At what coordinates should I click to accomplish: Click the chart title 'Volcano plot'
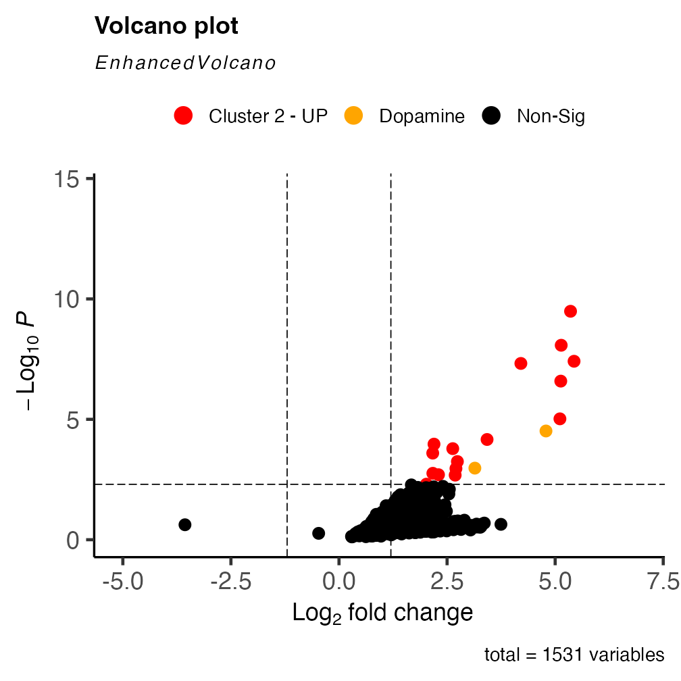pos(166,26)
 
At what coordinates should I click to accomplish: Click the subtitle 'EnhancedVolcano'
pos(185,64)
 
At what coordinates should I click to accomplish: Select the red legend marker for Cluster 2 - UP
pos(183,116)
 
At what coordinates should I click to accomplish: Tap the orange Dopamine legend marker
pos(353,116)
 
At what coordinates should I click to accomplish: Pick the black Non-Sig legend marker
pos(491,116)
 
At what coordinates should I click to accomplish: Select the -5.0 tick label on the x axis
pos(122,582)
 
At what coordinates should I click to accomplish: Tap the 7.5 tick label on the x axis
pos(663,582)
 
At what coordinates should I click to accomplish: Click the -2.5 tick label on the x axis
pos(230,582)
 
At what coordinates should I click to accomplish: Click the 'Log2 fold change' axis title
pos(382,613)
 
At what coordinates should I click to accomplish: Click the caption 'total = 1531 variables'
pos(574,655)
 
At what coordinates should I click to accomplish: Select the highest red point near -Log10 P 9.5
pos(570,311)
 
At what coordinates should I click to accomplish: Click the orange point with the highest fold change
pos(546,431)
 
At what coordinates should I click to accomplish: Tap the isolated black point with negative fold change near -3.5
pos(184,525)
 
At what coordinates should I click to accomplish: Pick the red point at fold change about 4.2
pos(521,363)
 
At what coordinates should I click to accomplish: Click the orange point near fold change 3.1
pos(475,468)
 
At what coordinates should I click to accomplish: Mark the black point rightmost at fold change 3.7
pos(501,524)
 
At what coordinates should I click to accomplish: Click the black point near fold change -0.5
pos(318,534)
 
